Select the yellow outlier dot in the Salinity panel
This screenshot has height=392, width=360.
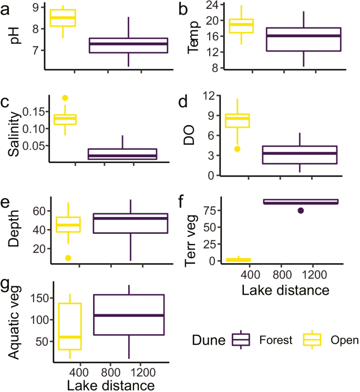point(65,98)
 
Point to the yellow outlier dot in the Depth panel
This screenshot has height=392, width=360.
point(68,257)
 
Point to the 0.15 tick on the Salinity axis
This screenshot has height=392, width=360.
point(35,111)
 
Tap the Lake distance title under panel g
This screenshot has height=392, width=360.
point(110,385)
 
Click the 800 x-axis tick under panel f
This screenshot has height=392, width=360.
point(282,275)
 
